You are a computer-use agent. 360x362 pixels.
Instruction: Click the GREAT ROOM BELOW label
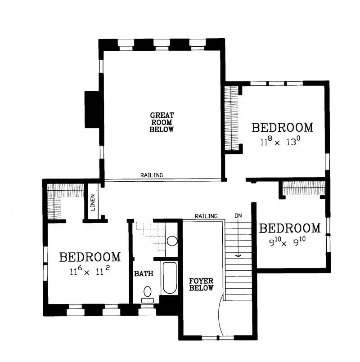point(162,122)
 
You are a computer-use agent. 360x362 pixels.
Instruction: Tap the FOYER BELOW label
point(201,284)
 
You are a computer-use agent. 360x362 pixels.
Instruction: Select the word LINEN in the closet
point(93,203)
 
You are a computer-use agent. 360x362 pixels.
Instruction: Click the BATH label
point(144,273)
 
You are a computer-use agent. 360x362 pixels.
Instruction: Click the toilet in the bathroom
point(147,293)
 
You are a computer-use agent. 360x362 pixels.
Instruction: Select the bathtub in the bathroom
point(170,277)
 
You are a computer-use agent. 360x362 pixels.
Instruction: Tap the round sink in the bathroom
point(172,241)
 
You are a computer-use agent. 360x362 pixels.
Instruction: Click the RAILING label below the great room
point(151,175)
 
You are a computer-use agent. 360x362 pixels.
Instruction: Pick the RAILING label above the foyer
point(206,216)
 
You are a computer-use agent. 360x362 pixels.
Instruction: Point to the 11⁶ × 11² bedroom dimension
point(91,272)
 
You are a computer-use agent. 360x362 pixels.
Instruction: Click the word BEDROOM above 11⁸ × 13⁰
point(282,128)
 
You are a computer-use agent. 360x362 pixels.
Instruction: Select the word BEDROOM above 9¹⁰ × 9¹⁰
point(290,228)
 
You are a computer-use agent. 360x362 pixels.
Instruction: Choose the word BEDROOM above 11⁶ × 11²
point(90,257)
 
